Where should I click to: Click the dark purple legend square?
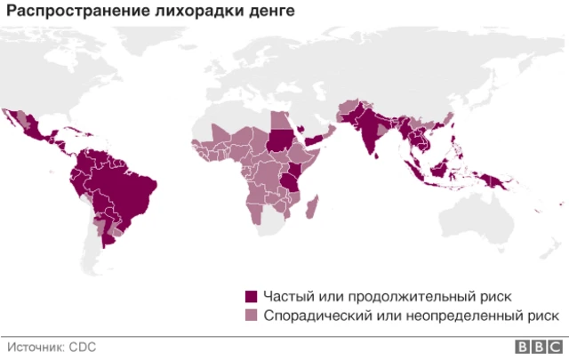pyautogui.click(x=252, y=296)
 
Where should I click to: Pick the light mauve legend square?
pyautogui.click(x=252, y=315)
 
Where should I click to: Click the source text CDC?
pyautogui.click(x=84, y=347)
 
